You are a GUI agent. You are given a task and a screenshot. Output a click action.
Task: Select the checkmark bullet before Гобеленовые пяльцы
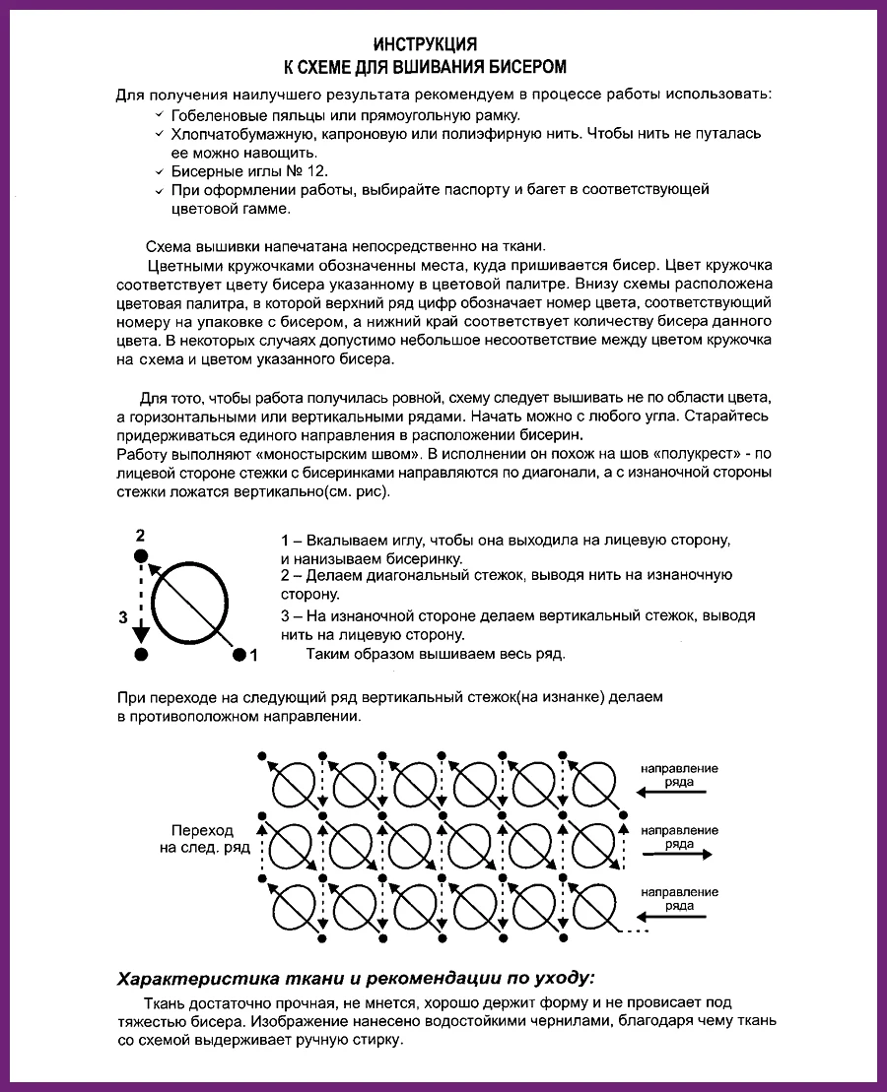160,115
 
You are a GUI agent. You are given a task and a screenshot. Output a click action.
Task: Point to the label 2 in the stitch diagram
140,536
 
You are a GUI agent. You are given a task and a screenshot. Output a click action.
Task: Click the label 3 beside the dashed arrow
123,617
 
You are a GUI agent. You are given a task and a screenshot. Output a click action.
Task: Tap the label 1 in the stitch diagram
253,654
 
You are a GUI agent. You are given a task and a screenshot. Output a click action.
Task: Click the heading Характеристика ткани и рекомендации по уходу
356,979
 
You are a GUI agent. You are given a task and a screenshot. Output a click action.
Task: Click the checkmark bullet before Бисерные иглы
160,170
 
